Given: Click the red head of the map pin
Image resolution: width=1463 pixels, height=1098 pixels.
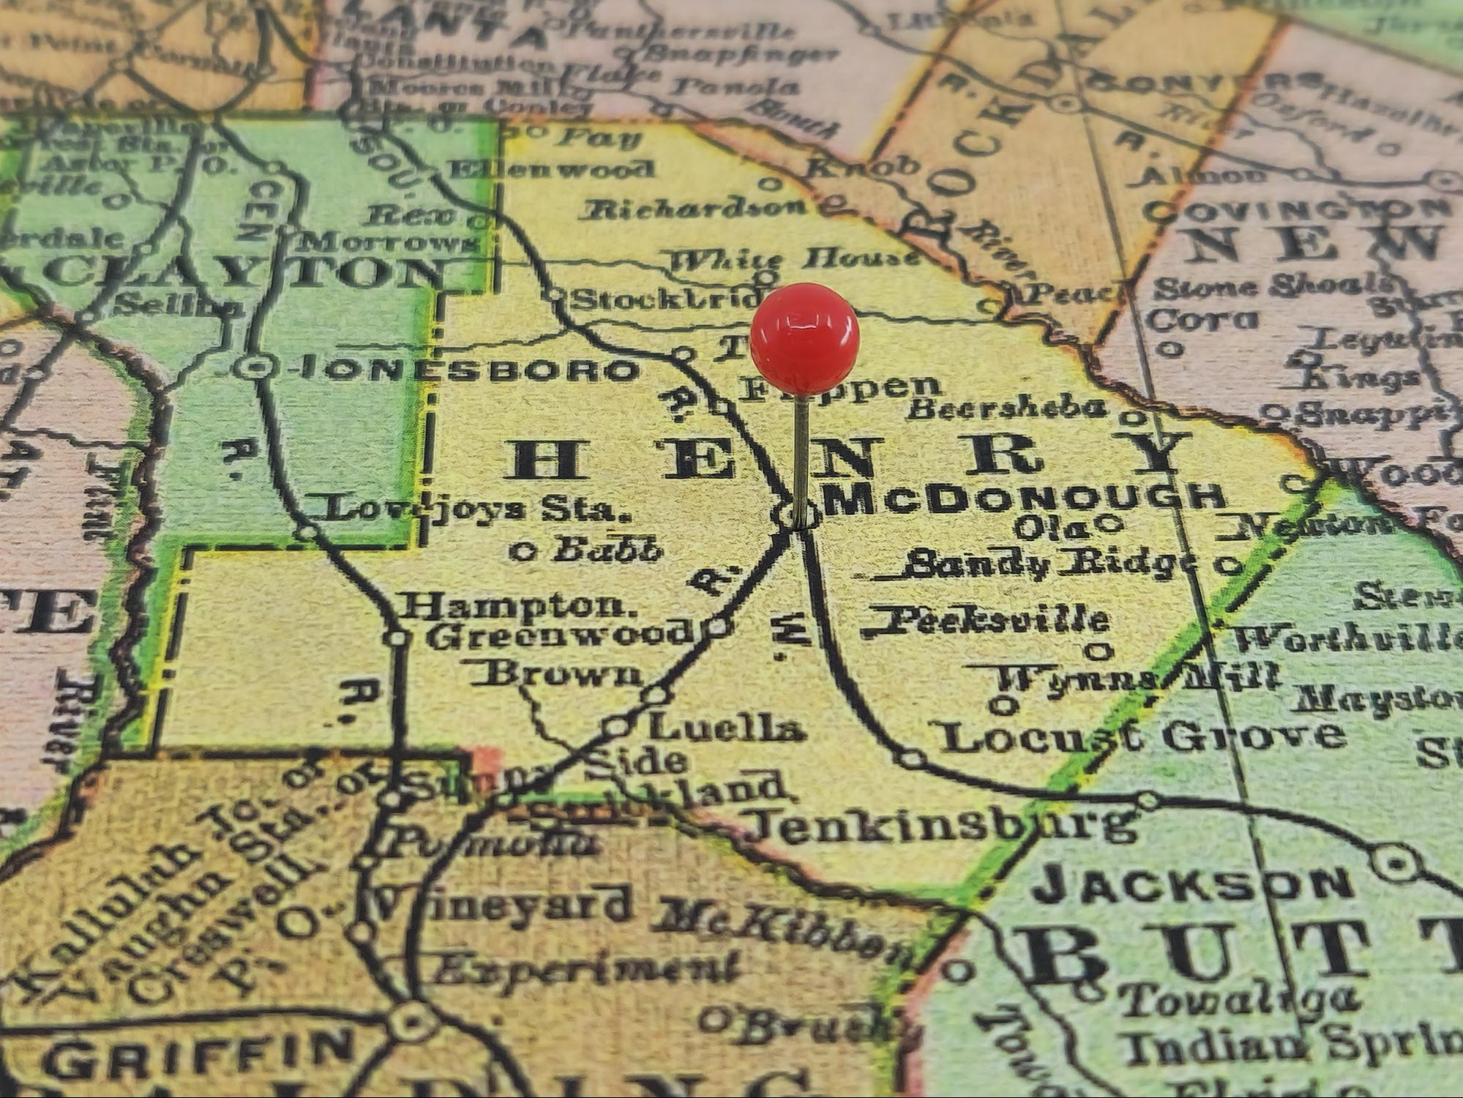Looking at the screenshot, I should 804,339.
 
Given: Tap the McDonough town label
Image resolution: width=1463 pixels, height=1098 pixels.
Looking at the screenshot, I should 1025,498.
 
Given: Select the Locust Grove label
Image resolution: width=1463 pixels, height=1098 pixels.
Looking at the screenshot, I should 1142,736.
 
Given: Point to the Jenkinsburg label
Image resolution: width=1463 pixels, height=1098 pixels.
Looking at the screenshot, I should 944,826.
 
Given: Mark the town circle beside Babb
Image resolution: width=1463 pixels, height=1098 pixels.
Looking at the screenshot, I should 523,550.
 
